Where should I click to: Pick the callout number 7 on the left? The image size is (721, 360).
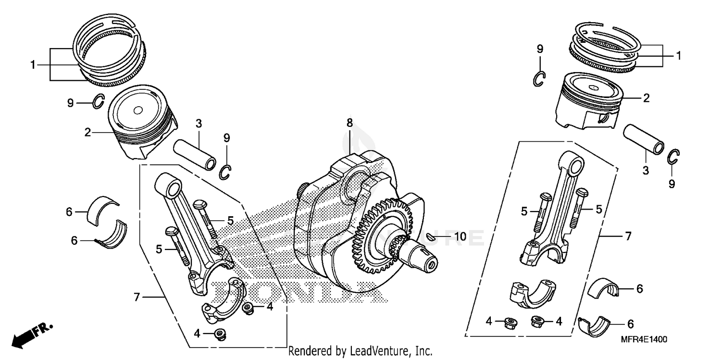137,298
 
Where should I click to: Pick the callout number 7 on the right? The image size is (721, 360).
628,236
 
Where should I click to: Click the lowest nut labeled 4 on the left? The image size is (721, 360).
220,334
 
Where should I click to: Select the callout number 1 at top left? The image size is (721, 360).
33,64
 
